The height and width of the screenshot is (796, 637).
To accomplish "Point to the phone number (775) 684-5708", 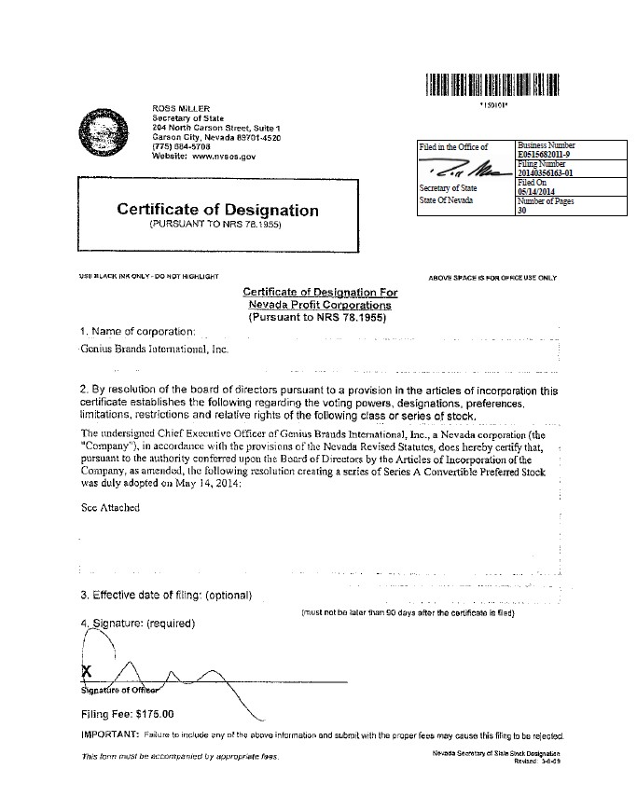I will point(181,146).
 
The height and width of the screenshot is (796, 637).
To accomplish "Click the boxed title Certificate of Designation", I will point(217,210).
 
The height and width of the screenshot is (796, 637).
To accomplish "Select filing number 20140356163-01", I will point(553,172).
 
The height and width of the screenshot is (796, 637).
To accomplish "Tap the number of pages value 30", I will point(521,211).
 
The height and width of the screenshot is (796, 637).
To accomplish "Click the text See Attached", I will point(110,508).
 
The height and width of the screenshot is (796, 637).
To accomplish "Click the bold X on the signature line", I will point(87,671).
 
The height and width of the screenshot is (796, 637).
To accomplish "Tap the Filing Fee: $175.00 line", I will point(129,715).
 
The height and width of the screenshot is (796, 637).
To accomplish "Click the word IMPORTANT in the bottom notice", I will point(110,735).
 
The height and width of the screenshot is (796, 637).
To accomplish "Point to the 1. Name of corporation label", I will point(138,332).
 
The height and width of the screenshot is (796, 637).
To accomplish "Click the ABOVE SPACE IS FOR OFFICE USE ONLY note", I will point(492,278).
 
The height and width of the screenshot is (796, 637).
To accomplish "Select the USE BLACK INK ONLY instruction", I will point(149,277).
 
